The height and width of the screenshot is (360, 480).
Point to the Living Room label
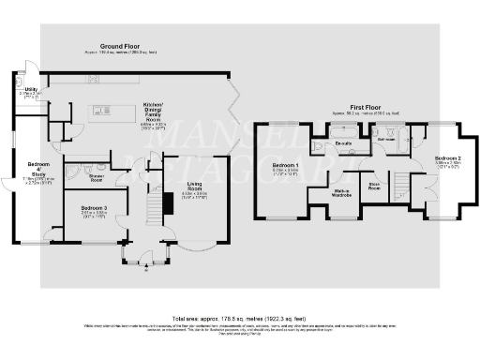tap(194, 187)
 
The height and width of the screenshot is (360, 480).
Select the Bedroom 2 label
tap(448, 160)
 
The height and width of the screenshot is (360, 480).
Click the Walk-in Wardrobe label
tap(341, 194)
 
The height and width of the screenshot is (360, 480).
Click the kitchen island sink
tap(123, 112)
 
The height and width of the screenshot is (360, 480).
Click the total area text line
tap(240, 317)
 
